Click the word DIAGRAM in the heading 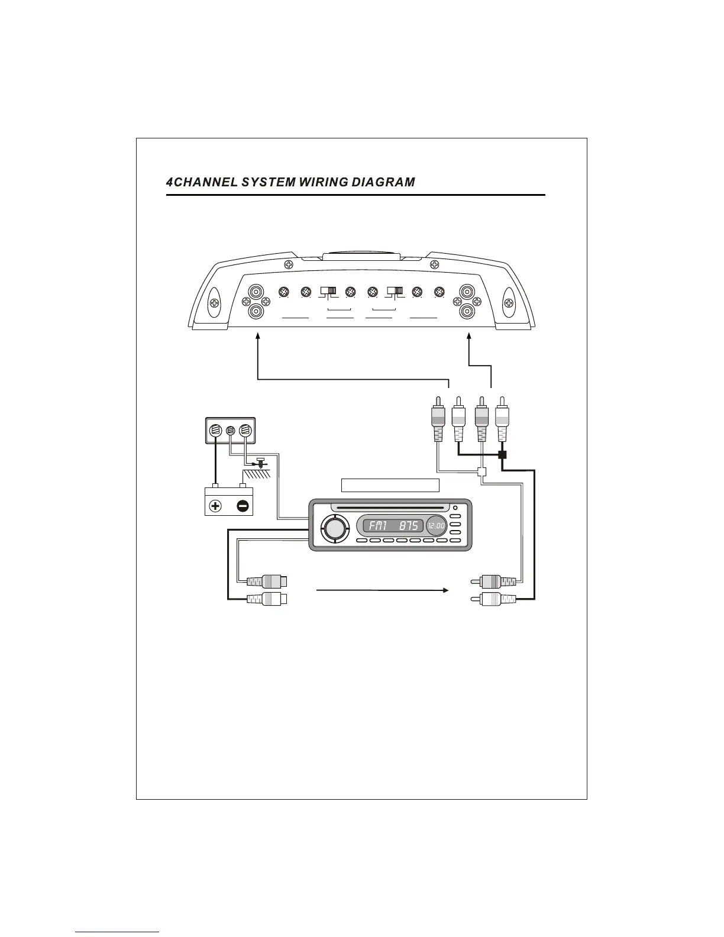[x=383, y=182]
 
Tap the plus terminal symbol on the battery [x=215, y=506]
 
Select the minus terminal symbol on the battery [x=243, y=506]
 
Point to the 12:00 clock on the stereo [x=436, y=525]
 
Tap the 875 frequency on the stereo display [x=408, y=525]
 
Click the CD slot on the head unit [x=387, y=507]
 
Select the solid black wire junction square [x=502, y=455]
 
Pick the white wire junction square [x=481, y=472]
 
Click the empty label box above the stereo [x=390, y=485]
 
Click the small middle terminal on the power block [x=231, y=431]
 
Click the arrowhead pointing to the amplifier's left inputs [x=258, y=336]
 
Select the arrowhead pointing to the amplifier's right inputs [x=469, y=336]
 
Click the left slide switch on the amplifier [x=328, y=291]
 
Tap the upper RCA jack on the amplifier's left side [x=256, y=292]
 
